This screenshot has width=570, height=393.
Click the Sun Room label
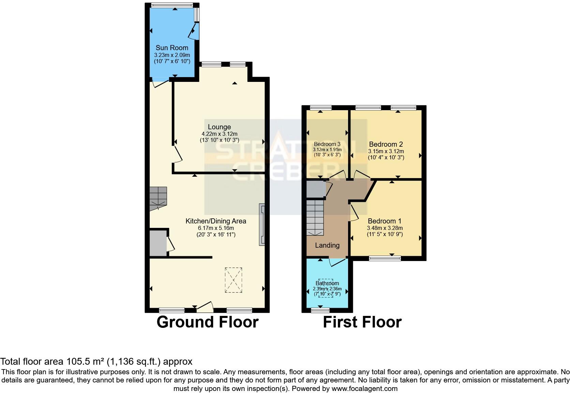click(172, 48)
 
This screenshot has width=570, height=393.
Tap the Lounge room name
click(219, 127)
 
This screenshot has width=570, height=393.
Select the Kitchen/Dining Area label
click(215, 221)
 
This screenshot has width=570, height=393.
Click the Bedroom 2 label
click(386, 144)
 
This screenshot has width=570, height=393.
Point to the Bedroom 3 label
click(327, 144)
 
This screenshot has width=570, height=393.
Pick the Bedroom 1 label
click(385, 221)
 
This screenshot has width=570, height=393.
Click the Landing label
click(327, 245)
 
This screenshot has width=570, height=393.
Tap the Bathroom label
click(327, 283)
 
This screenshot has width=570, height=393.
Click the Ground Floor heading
click(207, 322)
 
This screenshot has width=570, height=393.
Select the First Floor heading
click(362, 322)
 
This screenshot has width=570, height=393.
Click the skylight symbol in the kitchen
click(234, 280)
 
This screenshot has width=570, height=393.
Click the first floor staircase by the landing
click(314, 217)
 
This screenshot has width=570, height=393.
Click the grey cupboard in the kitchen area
click(157, 243)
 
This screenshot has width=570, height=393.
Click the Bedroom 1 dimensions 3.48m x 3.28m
click(385, 228)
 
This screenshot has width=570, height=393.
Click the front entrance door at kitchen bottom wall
click(205, 308)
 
